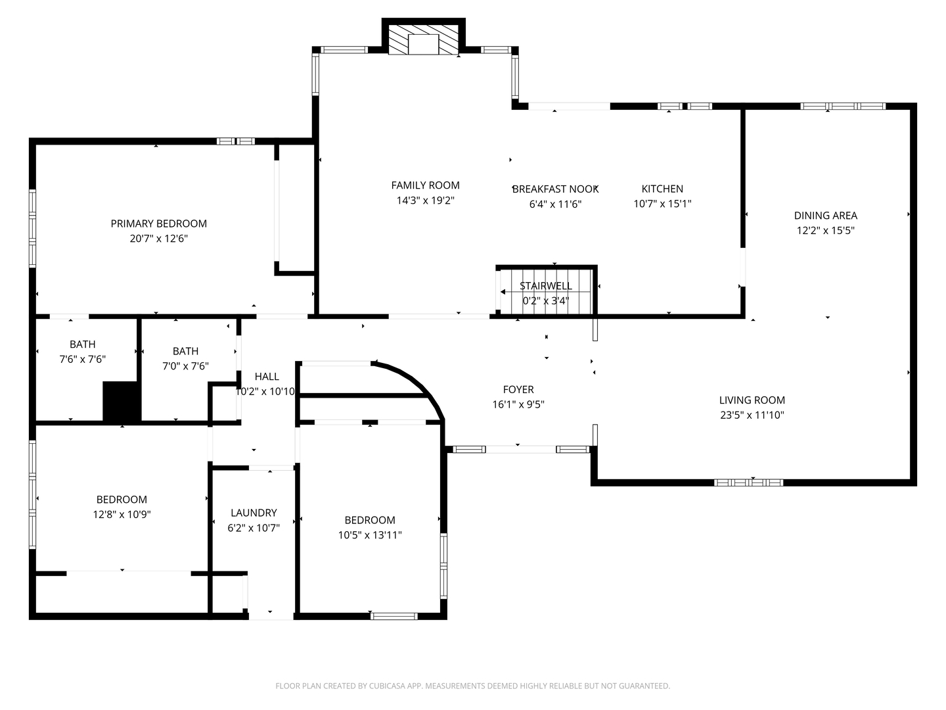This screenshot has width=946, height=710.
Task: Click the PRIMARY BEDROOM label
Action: click(158, 224)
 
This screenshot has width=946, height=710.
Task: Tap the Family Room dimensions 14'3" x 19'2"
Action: click(426, 201)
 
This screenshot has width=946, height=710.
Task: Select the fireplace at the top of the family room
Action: click(423, 39)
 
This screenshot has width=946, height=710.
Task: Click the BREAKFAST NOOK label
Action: click(555, 189)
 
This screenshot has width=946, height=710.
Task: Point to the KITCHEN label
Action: click(662, 189)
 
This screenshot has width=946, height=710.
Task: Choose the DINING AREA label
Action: click(825, 216)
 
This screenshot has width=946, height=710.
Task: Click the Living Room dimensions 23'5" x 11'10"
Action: click(752, 415)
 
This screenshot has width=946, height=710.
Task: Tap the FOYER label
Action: click(518, 390)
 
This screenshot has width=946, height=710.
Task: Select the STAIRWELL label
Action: click(546, 286)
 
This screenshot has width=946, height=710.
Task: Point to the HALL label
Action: click(267, 376)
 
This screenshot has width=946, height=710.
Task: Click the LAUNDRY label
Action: click(254, 513)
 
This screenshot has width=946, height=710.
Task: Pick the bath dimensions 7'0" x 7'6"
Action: click(185, 366)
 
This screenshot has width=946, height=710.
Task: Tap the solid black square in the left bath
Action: click(122, 401)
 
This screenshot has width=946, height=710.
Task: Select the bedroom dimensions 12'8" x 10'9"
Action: click(122, 514)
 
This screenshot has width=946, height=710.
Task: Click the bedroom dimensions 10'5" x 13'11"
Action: click(370, 535)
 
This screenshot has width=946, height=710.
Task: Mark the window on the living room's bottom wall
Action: click(748, 483)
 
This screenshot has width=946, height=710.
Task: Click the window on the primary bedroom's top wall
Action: click(235, 141)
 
